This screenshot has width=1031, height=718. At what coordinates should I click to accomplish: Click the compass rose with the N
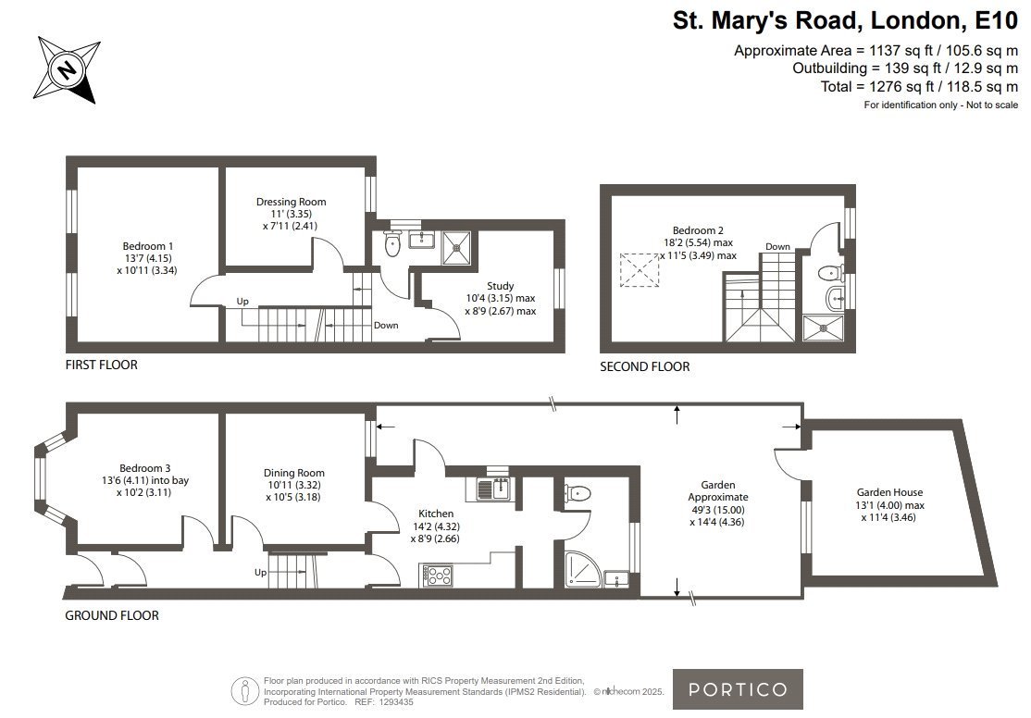[67, 69]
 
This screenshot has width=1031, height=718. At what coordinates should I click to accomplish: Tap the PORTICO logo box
[737, 689]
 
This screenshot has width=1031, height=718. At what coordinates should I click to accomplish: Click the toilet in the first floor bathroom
[392, 243]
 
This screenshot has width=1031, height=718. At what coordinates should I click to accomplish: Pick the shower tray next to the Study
[456, 247]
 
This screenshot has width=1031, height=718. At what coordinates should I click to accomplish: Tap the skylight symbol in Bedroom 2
[640, 269]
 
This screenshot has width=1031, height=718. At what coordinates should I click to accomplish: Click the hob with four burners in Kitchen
[436, 576]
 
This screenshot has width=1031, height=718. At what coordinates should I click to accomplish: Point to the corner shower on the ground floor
[582, 568]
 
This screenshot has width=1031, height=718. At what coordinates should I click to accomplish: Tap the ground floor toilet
[578, 492]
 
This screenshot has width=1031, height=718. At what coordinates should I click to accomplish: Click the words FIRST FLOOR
[101, 365]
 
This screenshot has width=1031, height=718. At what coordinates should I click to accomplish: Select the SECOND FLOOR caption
[644, 367]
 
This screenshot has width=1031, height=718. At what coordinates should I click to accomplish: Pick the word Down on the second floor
[777, 246]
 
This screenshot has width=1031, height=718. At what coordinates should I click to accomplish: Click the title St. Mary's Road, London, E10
[845, 20]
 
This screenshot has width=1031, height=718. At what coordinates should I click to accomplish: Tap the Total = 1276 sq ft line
[919, 86]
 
